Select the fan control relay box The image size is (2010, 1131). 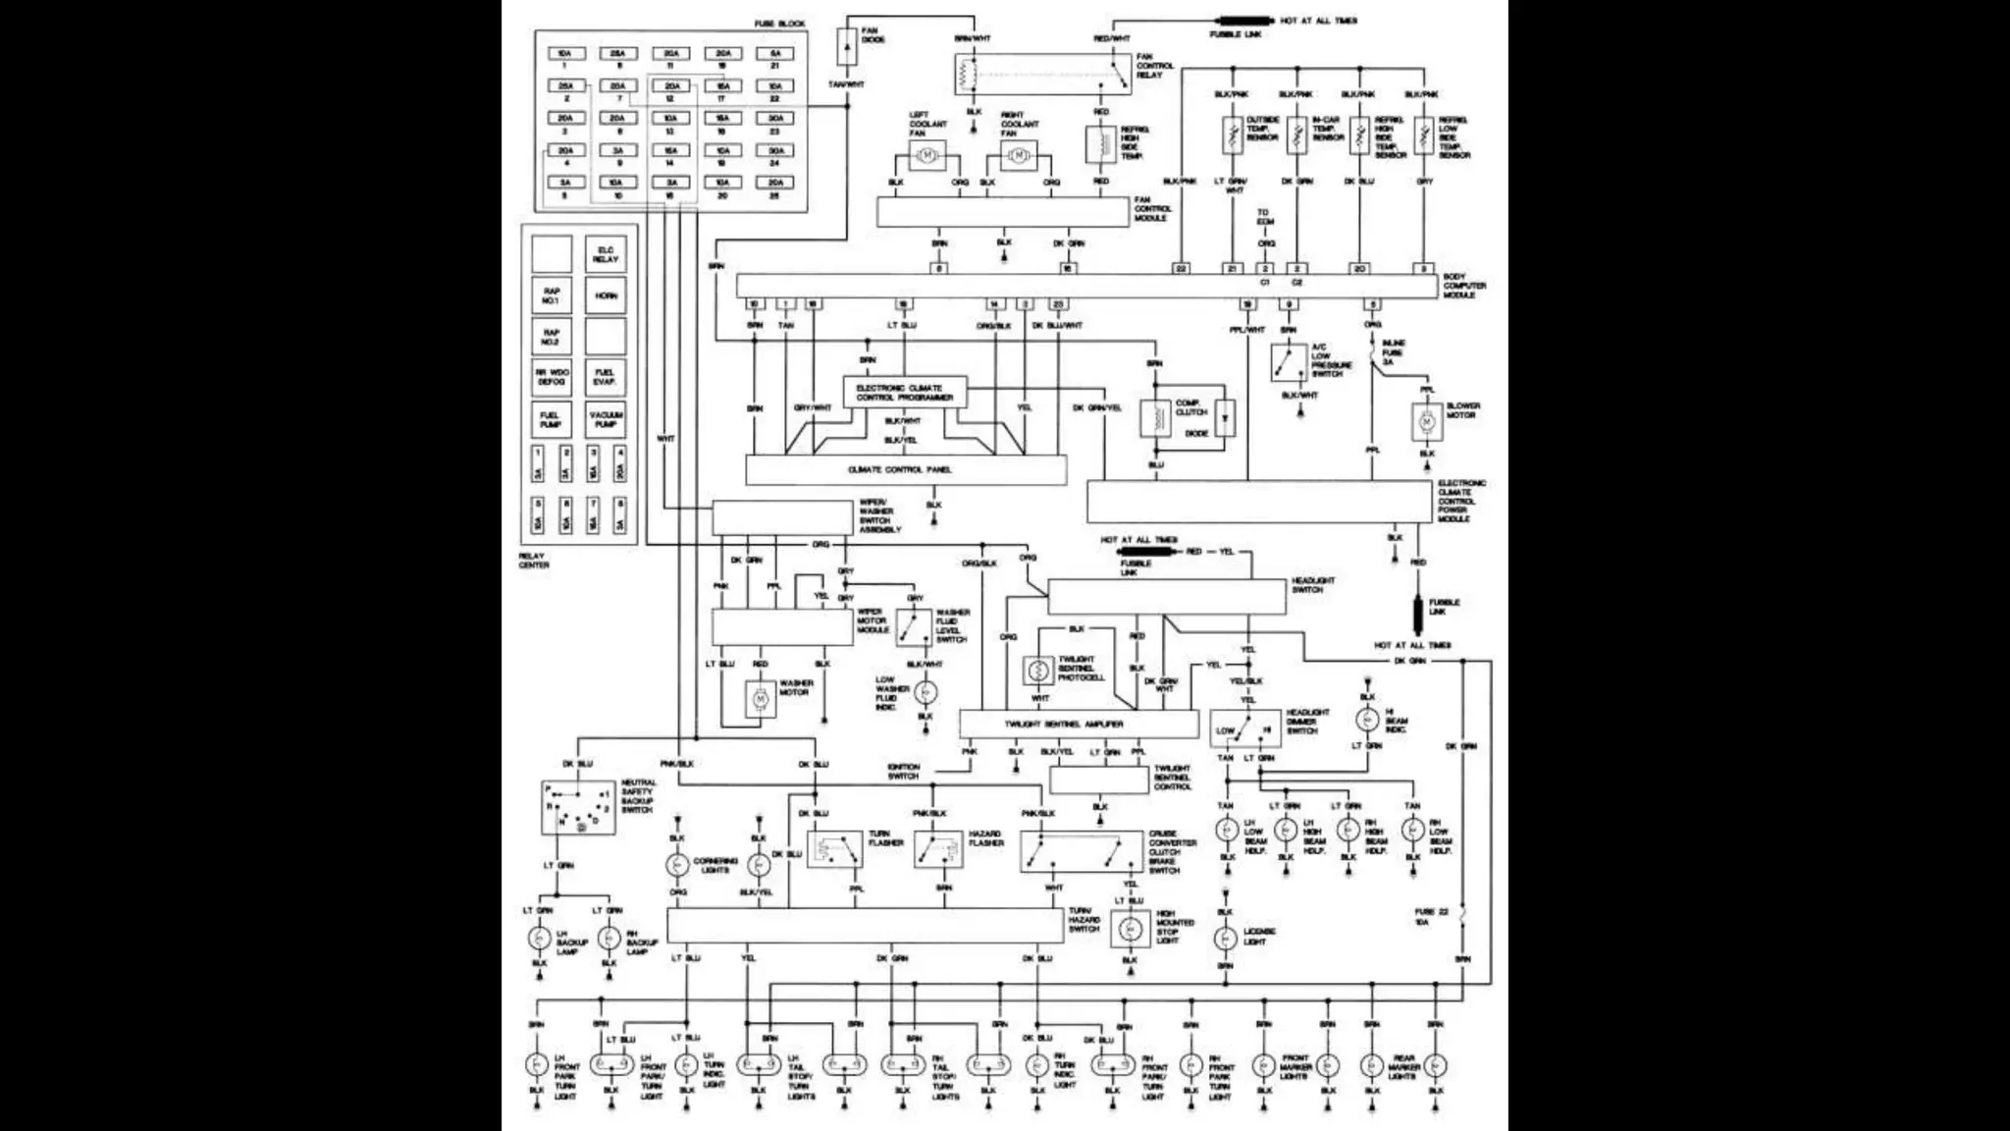[x=1042, y=74]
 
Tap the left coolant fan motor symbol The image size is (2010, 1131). [x=926, y=154]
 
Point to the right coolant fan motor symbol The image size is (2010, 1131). [x=1019, y=154]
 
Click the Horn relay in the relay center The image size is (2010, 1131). [x=606, y=296]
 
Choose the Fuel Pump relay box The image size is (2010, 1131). [x=552, y=419]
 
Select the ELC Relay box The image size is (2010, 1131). [x=606, y=254]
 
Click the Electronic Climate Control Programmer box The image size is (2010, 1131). [x=905, y=393]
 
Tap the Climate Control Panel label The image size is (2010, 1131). [x=899, y=470]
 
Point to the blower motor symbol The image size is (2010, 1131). [x=1427, y=422]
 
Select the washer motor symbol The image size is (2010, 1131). [x=760, y=699]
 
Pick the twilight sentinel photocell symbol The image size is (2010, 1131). [x=1038, y=671]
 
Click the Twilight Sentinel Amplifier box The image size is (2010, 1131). [x=1078, y=725]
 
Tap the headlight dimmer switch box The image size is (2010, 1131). [x=1244, y=728]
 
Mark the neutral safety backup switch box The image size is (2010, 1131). [x=579, y=808]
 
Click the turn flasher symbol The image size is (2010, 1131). [x=834, y=849]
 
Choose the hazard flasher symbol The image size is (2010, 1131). [x=938, y=849]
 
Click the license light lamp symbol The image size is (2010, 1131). [x=1225, y=939]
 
